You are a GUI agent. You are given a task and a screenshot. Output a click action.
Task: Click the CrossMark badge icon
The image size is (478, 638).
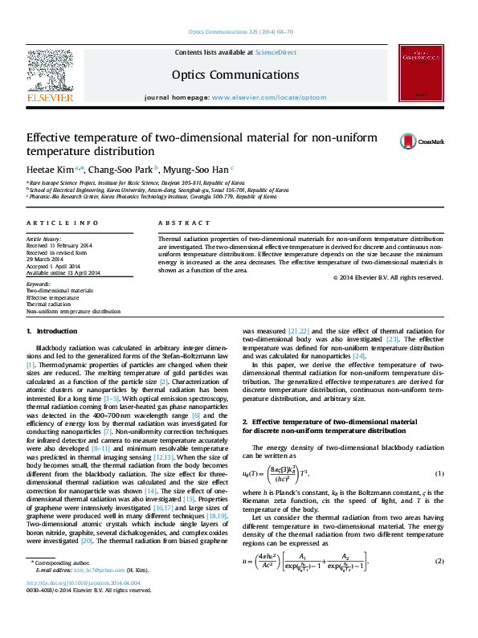tap(386, 141)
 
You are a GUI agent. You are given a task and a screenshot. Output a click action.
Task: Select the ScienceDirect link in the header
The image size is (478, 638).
tap(276, 52)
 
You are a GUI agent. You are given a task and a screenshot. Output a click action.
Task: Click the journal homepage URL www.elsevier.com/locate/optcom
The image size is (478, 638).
tap(269, 97)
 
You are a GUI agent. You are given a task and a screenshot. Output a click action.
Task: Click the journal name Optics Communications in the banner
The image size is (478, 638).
tap(235, 74)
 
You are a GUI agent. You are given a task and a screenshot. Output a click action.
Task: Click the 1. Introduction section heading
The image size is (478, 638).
tap(52, 331)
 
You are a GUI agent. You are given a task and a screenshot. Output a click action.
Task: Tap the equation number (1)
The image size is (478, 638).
tap(439, 473)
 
